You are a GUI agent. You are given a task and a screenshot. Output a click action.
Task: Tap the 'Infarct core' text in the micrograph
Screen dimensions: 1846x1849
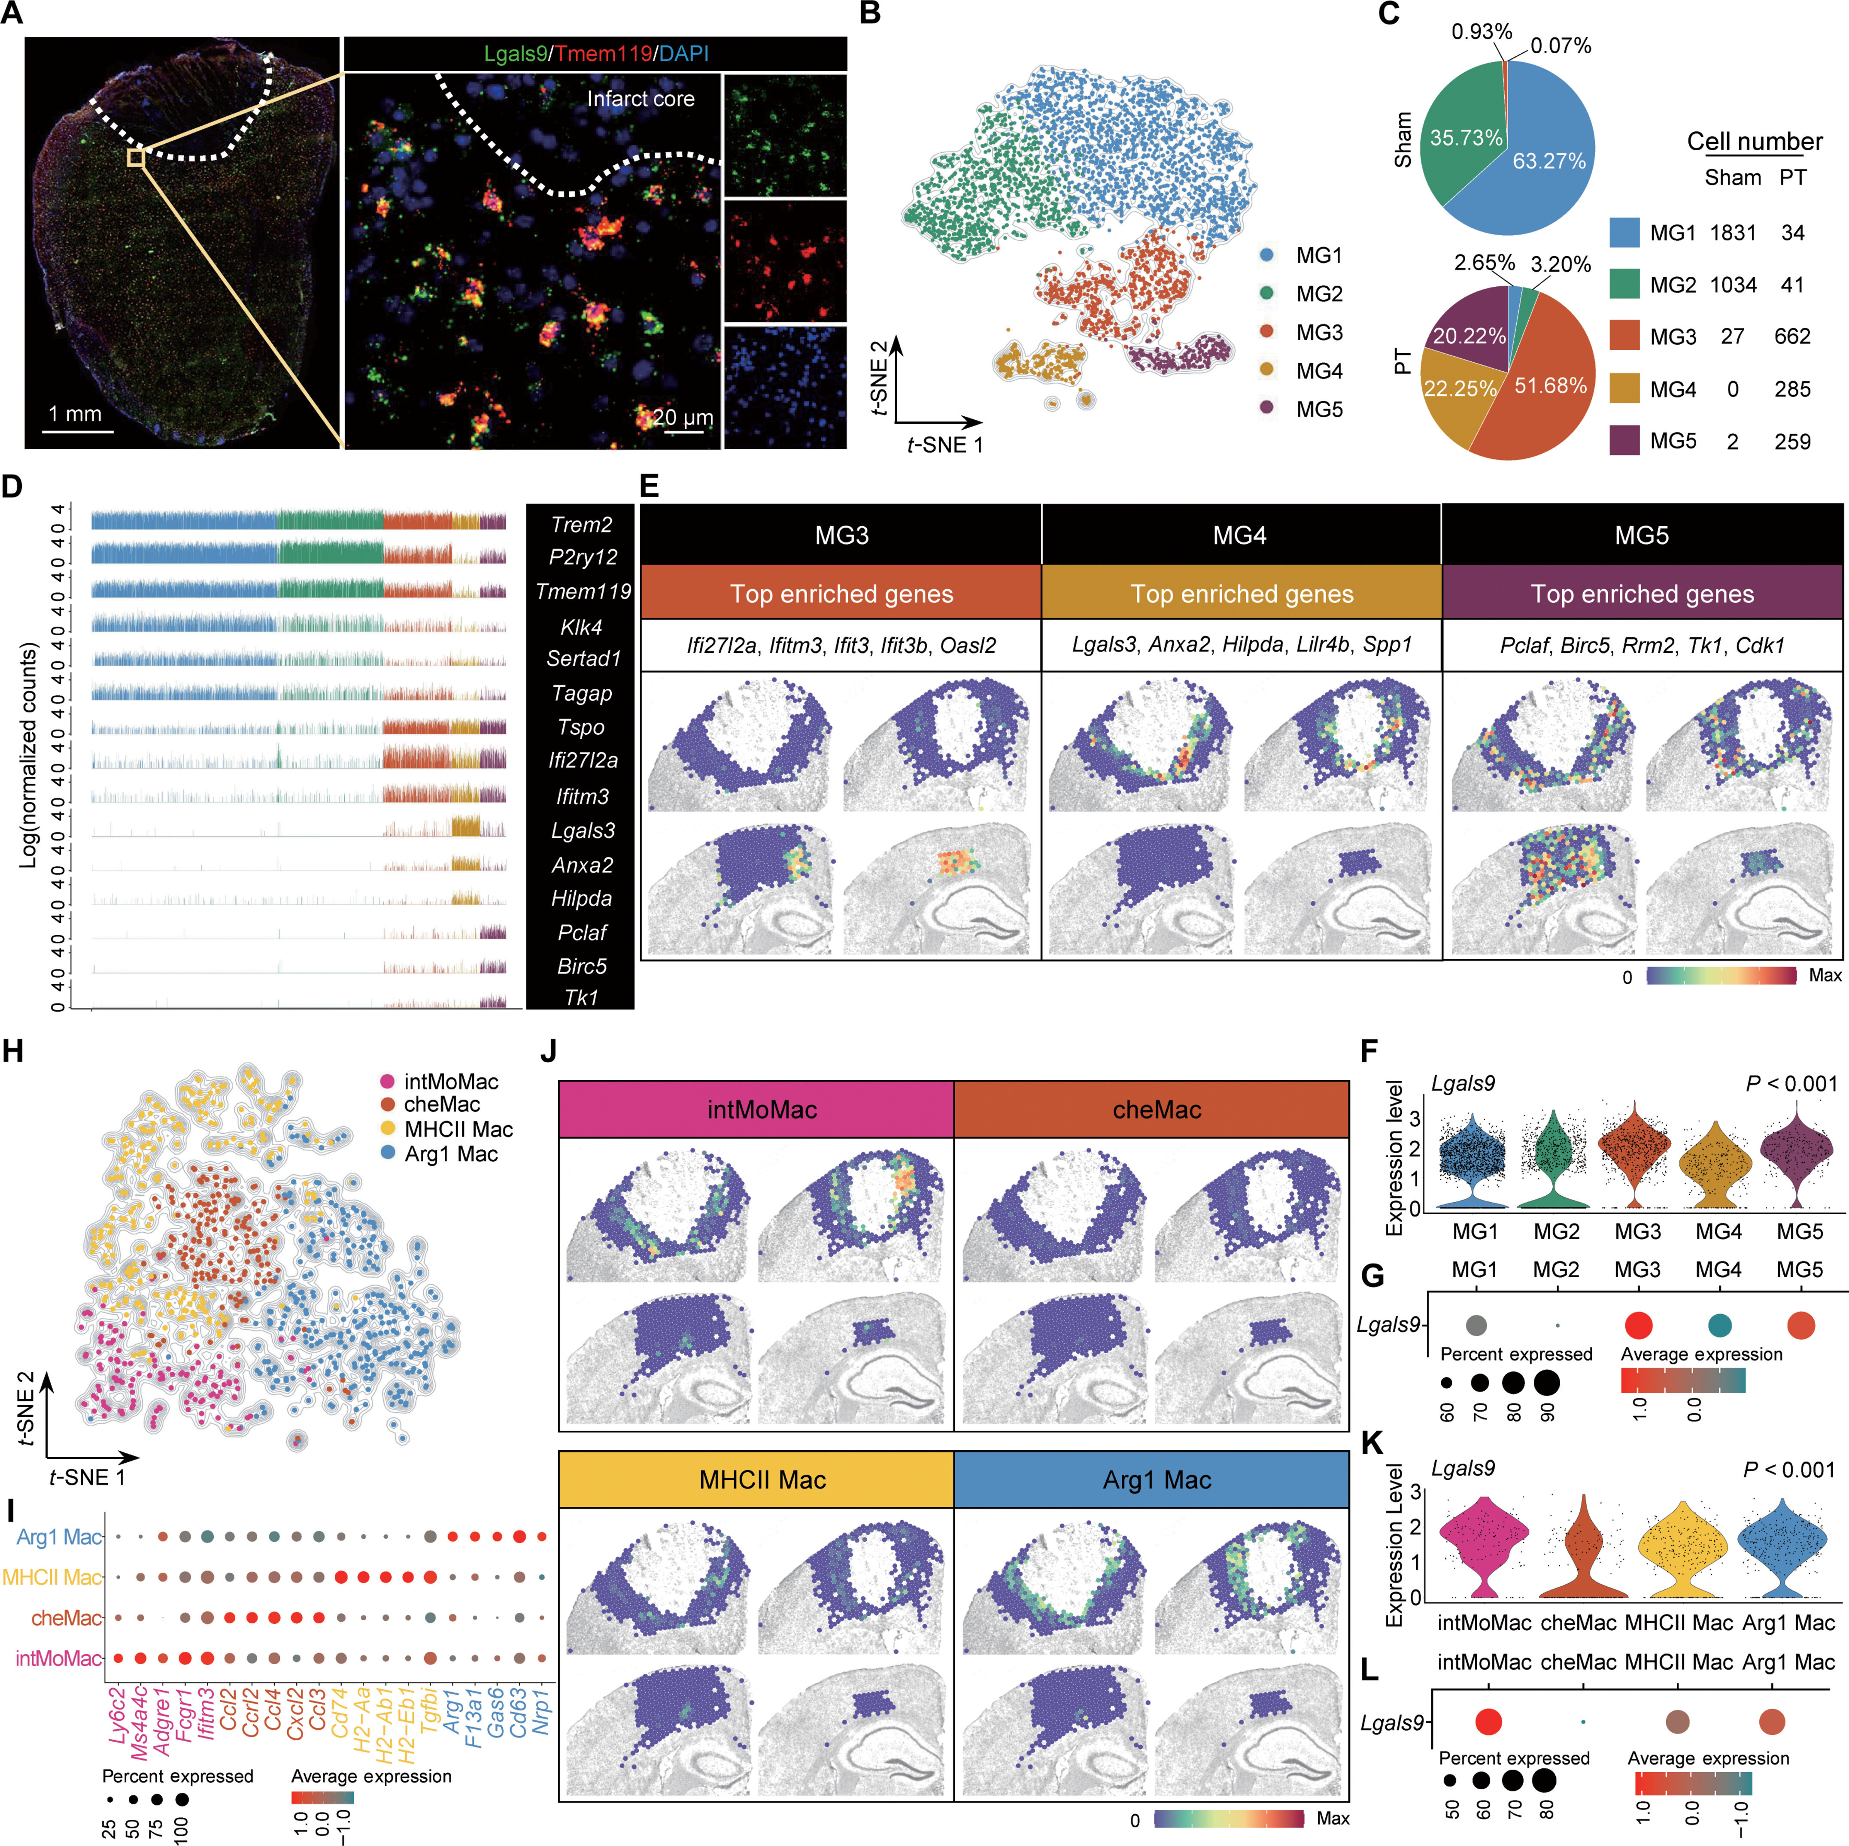640,99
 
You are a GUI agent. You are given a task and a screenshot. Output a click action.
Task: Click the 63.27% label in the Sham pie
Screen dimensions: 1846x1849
1548,161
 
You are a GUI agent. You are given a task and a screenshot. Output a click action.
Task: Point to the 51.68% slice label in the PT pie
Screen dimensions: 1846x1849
1550,386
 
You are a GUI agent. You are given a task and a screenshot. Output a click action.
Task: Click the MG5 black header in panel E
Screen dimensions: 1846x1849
1641,535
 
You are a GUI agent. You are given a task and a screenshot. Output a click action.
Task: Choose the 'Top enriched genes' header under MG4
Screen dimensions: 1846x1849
1241,594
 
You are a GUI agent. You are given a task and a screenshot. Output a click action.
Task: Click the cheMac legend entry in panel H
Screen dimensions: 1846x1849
441,1104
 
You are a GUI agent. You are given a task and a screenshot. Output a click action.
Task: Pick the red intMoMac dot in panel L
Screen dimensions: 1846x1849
1487,1722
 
